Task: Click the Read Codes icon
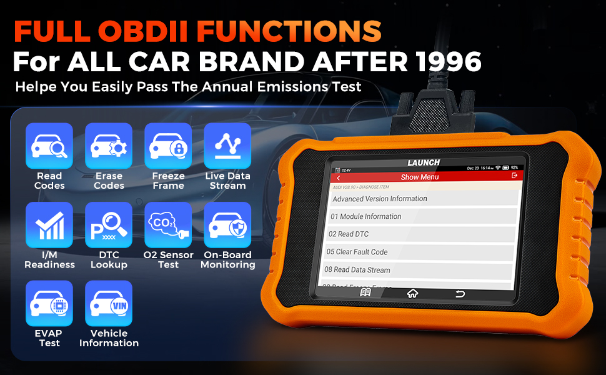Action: click(49, 146)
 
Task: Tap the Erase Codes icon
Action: click(109, 146)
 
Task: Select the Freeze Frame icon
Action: click(168, 146)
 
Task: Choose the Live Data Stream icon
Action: click(227, 146)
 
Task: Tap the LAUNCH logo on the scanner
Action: click(424, 162)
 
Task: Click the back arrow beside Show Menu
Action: click(339, 177)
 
